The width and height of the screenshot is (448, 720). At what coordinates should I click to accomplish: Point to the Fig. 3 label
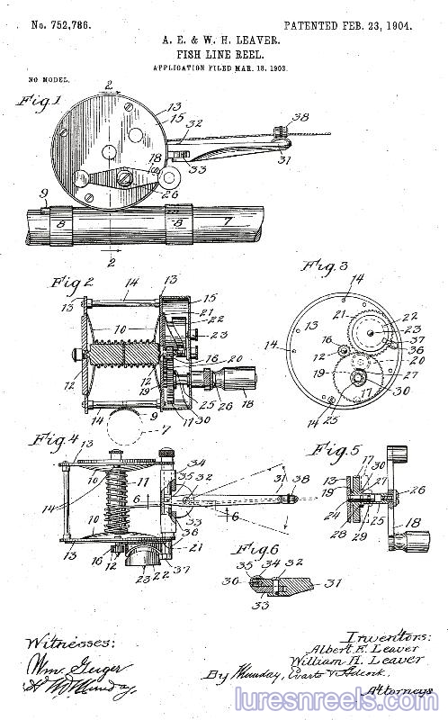click(319, 266)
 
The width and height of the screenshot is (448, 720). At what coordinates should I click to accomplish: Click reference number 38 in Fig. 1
click(300, 117)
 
